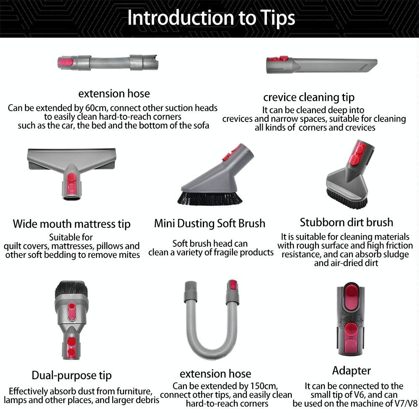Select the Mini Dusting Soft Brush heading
(209, 223)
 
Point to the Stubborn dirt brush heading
(347, 222)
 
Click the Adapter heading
(352, 371)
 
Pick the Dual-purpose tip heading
(72, 375)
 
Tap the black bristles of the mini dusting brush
(209, 198)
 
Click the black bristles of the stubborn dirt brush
(347, 198)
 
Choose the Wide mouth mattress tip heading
(72, 224)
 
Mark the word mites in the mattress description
(129, 255)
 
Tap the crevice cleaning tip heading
(309, 98)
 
